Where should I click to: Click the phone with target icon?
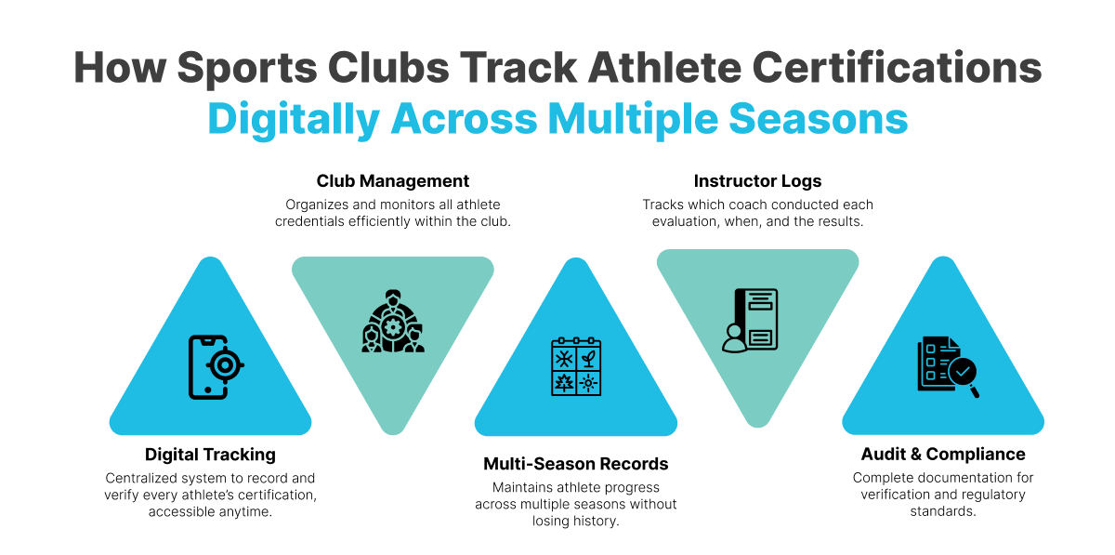pos(216,367)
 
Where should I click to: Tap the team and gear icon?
pos(393,322)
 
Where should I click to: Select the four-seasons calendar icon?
pos(576,366)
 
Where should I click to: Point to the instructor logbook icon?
pos(750,320)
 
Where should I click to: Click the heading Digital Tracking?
pos(210,455)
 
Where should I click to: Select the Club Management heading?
pos(393,181)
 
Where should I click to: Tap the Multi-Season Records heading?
pos(576,464)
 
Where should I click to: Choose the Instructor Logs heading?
pos(757,181)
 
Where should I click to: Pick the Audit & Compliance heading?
pos(943,454)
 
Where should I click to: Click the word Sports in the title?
pos(247,68)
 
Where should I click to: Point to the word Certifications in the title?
pos(897,67)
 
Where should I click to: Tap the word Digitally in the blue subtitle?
pos(294,120)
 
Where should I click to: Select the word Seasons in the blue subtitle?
pos(819,119)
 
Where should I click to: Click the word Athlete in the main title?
pos(664,67)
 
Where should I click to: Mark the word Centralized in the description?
pos(140,478)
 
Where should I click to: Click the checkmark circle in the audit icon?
pos(963,371)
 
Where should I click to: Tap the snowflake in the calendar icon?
pos(563,358)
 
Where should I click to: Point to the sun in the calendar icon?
pos(588,383)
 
